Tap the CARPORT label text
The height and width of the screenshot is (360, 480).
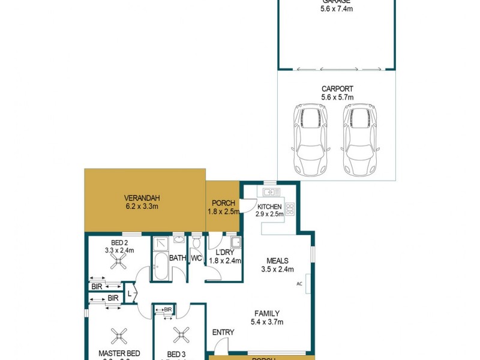(x=337, y=89)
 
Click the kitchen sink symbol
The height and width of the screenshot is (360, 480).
(x=269, y=192)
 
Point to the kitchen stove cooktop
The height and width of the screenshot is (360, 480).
(x=290, y=209)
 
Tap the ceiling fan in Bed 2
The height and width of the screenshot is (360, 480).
(x=119, y=262)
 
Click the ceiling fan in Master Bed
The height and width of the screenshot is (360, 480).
(x=119, y=335)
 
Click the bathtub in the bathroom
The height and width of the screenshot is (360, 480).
(x=160, y=266)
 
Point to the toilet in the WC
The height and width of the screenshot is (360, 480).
(x=196, y=245)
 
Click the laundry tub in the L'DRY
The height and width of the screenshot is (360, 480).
(x=236, y=243)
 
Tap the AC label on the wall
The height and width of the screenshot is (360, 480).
(x=299, y=284)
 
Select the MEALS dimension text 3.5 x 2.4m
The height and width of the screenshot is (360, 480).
(x=278, y=269)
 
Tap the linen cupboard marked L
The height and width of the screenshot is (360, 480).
(x=130, y=293)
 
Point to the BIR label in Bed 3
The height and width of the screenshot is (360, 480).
(x=168, y=310)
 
